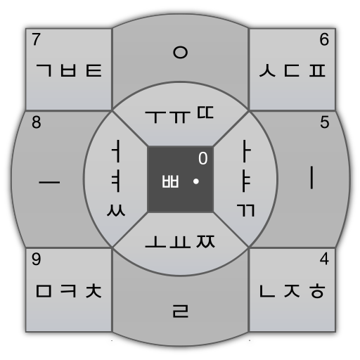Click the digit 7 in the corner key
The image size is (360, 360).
(36, 39)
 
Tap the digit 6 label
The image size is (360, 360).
(324, 39)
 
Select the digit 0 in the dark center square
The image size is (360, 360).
(203, 158)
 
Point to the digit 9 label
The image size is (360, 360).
(36, 259)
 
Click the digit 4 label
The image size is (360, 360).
(324, 259)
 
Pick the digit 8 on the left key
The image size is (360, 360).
(37, 122)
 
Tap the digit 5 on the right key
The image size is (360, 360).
(325, 122)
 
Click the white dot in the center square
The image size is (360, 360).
(196, 181)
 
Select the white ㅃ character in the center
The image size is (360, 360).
(170, 181)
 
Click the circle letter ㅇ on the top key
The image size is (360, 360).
(180, 52)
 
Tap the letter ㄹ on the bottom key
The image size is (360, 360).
(181, 311)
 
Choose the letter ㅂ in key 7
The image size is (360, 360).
(68, 70)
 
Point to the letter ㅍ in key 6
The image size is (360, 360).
(317, 70)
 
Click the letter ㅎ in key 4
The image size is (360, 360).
(317, 291)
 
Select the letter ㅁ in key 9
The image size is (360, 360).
(44, 291)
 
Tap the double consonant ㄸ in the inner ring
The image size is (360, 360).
(205, 112)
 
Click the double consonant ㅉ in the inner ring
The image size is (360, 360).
(205, 241)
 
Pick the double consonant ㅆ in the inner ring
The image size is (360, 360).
(116, 210)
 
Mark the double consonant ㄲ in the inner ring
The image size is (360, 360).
(245, 210)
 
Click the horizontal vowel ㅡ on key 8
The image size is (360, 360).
(49, 182)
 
